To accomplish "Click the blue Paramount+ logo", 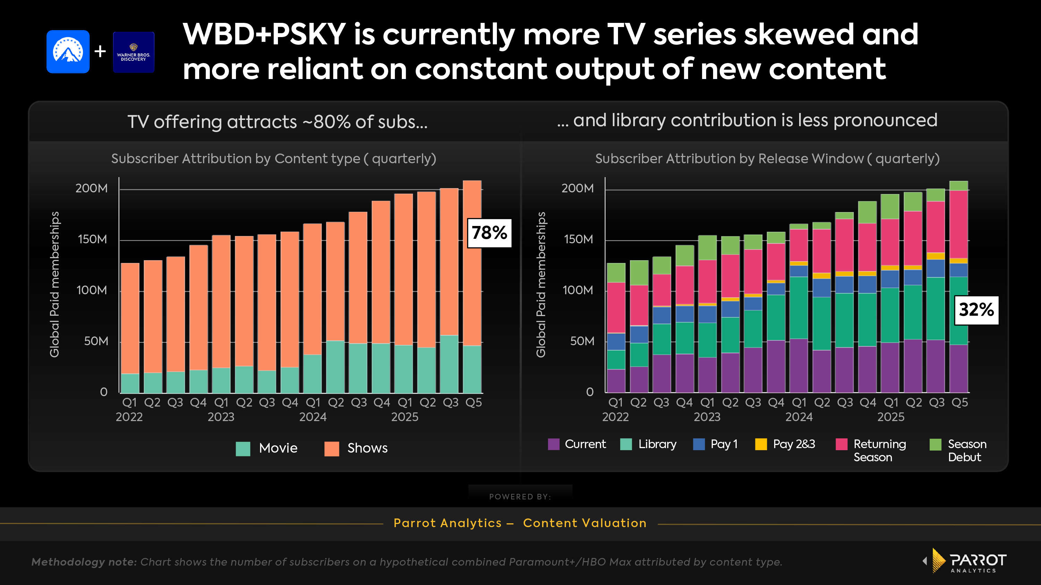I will coord(68,51).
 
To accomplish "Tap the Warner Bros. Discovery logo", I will coord(133,52).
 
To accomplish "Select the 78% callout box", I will coord(489,233).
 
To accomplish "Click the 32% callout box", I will coord(976,310).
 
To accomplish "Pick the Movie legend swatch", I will coord(243,448).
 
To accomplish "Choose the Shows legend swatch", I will coord(331,448).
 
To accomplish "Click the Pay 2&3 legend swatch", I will coord(761,444).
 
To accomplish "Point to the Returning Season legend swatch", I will coord(841,444).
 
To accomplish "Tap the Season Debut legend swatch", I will coord(935,444).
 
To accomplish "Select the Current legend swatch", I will coord(553,444).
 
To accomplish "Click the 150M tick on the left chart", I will coord(93,239).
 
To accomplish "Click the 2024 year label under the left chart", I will coord(313,417).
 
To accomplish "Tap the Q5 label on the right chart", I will coord(959,402).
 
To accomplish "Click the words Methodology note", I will coord(84,562).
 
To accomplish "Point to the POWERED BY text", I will coord(520,497).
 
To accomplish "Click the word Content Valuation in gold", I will coord(584,523).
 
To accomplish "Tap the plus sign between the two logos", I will coord(100,52).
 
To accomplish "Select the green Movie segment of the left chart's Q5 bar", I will coord(472,369).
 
